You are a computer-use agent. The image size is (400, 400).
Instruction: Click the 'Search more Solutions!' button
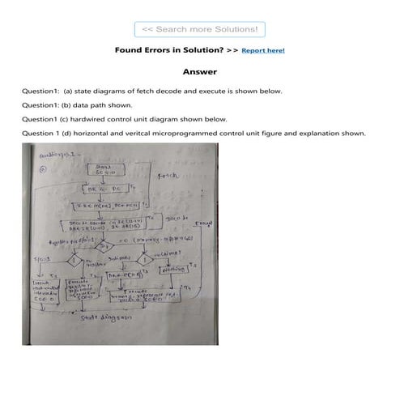coord(199,29)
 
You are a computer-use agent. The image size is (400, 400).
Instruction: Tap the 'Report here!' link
coord(263,50)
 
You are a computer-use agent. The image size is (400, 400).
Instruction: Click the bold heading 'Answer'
coord(199,72)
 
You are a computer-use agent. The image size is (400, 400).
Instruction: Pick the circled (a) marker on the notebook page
coord(44,171)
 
